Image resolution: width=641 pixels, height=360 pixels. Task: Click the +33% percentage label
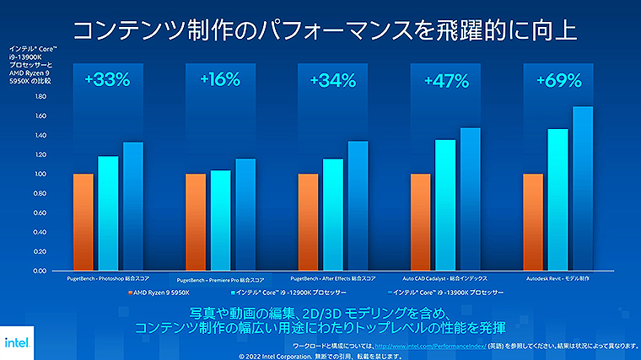107,81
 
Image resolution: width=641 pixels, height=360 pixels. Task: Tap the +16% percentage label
220,81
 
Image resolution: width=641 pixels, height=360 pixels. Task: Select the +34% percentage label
332,81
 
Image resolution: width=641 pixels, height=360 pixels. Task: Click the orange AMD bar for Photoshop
83,223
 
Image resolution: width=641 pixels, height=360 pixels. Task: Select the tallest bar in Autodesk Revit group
583,189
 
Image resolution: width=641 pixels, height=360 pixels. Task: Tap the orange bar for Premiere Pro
196,223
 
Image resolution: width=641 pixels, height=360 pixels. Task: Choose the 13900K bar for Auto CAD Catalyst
470,200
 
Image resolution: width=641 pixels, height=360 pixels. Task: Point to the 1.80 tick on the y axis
40,96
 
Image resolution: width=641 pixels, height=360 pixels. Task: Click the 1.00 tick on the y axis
40,174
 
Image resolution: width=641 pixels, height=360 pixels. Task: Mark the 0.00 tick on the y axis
40,271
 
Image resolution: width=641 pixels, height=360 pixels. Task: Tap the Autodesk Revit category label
558,277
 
